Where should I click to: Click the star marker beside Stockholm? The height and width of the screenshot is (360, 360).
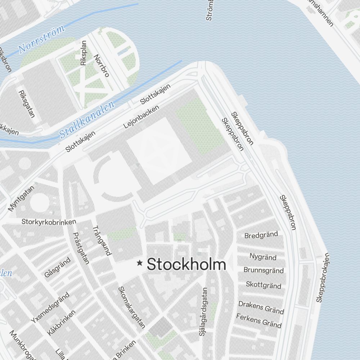click(140, 264)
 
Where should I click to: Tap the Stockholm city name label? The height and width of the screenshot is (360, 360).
click(186, 264)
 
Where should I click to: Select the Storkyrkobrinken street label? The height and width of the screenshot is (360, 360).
click(49, 221)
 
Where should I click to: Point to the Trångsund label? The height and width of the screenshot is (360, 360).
click(102, 240)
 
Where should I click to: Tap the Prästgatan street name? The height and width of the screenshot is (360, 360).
click(81, 248)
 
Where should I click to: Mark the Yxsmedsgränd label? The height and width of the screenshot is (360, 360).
click(50, 307)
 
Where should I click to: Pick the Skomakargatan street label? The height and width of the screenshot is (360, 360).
click(132, 307)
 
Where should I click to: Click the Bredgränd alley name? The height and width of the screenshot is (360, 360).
click(261, 235)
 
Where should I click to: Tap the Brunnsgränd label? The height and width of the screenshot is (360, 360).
click(264, 270)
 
